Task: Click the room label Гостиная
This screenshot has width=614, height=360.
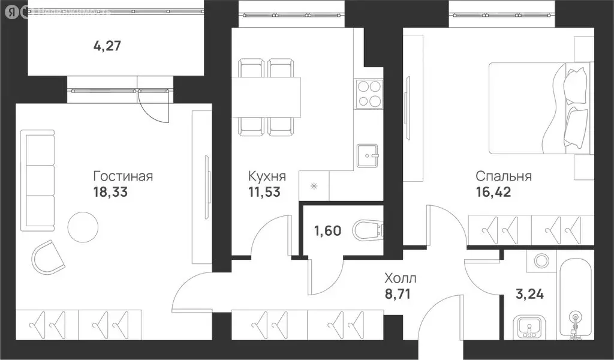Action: pos(123,176)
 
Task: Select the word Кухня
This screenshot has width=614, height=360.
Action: pos(267,176)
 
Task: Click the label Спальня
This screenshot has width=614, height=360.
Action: pos(504,176)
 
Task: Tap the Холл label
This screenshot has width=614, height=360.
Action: pos(401,278)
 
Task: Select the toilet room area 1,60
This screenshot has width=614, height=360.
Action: pos(327,230)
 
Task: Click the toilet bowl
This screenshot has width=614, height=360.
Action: pos(367,230)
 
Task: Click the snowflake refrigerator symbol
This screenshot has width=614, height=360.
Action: pos(313,186)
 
